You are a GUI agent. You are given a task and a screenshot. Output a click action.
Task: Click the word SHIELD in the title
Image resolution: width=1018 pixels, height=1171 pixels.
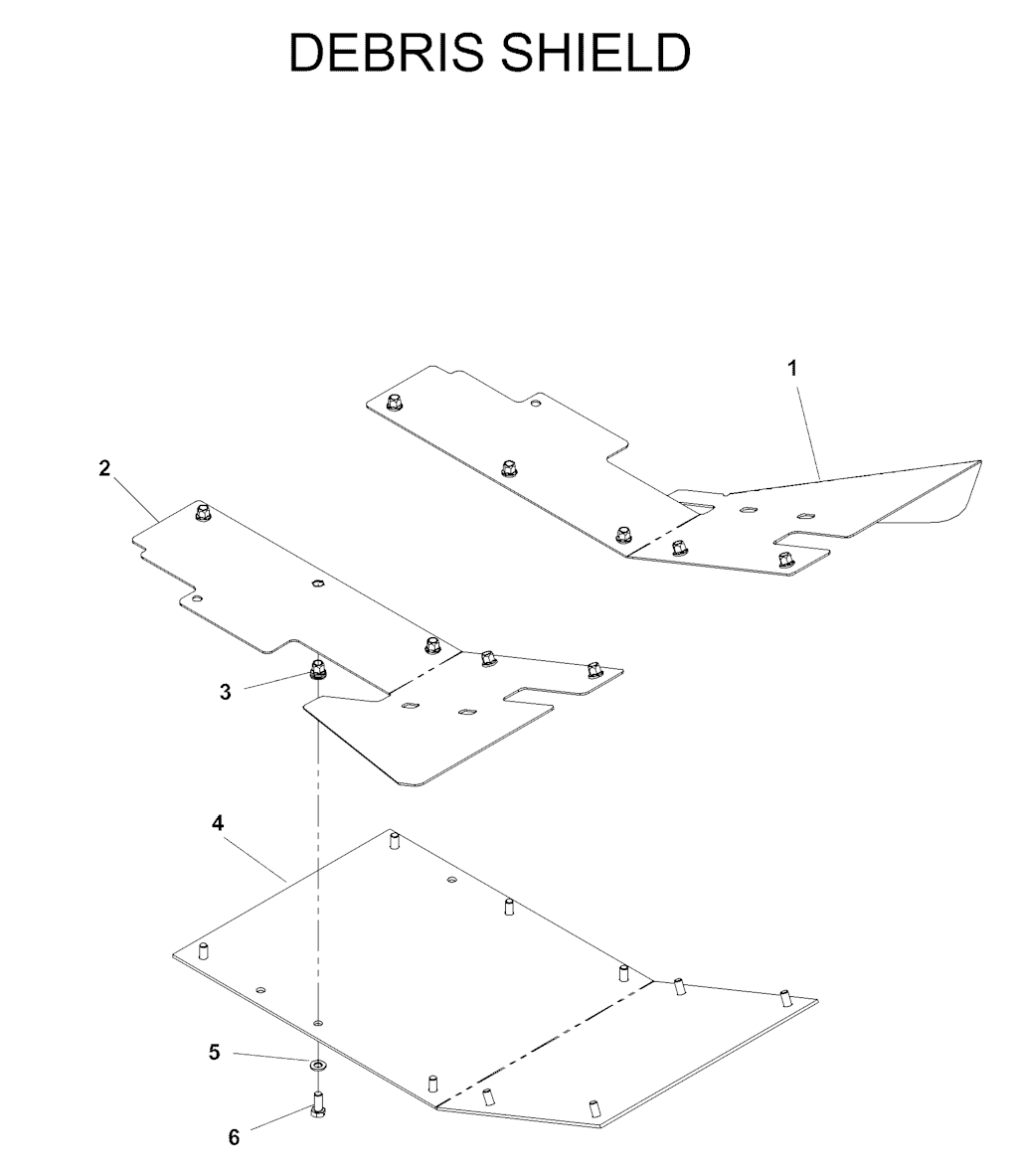[x=591, y=53]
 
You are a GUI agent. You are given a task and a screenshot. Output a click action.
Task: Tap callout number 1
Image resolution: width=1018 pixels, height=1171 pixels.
[x=792, y=368]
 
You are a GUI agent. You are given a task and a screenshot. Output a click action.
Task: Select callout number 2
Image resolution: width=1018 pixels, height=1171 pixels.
[x=104, y=468]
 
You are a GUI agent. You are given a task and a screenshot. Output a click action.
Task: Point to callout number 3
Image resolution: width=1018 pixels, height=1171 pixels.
[x=226, y=692]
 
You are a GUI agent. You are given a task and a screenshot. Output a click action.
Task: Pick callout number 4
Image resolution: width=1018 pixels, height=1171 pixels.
[x=218, y=823]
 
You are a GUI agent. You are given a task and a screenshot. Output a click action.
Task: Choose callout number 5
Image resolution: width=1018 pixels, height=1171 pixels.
[x=215, y=1053]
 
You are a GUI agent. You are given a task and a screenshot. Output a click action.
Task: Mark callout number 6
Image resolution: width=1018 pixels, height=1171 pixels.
[x=234, y=1137]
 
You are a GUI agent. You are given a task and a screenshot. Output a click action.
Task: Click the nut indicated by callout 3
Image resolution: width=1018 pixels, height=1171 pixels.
[x=317, y=671]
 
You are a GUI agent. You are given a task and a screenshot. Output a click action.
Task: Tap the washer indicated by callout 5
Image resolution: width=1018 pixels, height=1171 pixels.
[x=319, y=1063]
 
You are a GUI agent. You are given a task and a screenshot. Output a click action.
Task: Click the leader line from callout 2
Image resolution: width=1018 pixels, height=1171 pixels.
[x=136, y=499]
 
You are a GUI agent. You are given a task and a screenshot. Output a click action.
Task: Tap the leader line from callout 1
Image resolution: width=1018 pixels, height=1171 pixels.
[x=808, y=428]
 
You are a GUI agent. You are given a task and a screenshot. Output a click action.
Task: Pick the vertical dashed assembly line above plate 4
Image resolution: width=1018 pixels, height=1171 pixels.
[x=319, y=850]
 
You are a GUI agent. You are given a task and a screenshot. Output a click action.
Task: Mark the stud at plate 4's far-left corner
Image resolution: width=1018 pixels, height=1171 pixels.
[x=203, y=953]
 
